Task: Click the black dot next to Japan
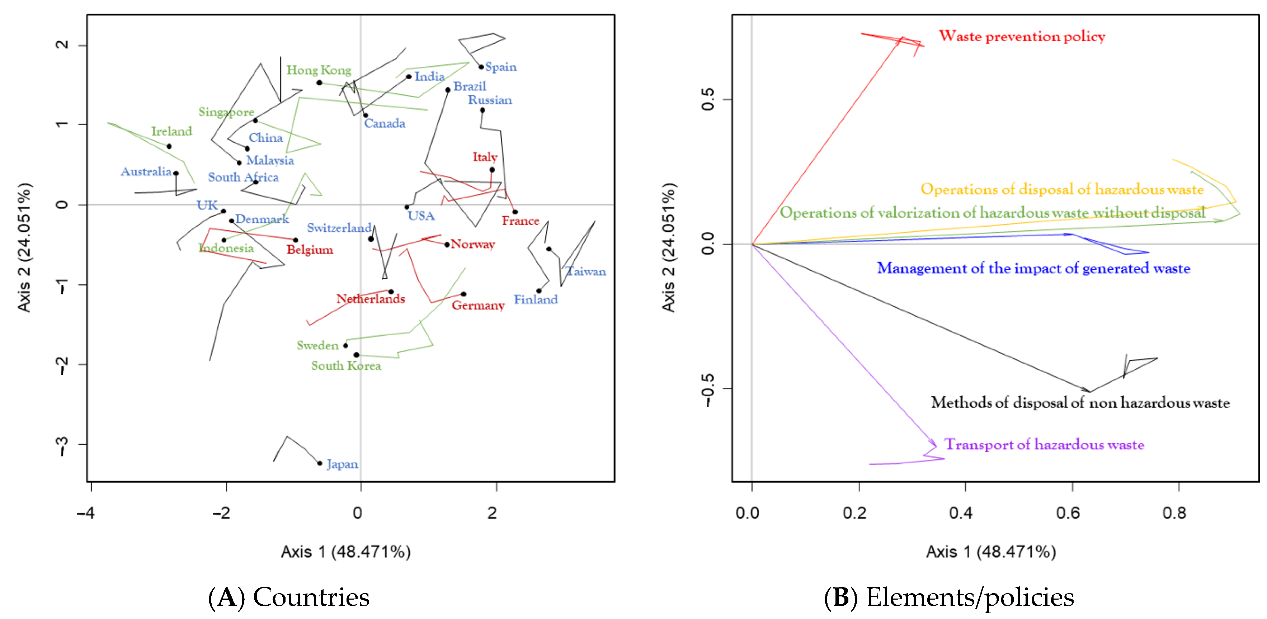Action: coord(320,463)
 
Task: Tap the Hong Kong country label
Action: coord(319,70)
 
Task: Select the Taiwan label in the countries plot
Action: coord(586,271)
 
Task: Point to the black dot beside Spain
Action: coord(481,67)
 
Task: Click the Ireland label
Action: coord(171,131)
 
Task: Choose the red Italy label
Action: coord(485,157)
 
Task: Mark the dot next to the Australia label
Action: coord(176,173)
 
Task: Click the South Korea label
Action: coord(346,366)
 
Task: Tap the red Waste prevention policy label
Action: coord(1022,36)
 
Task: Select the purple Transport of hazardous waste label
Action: coord(1044,444)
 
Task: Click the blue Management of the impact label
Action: coord(1033,269)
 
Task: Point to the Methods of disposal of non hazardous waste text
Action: coord(1080,403)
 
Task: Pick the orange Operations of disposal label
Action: coord(1062,189)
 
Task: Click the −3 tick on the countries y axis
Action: coord(63,444)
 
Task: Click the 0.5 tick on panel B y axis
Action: coord(708,100)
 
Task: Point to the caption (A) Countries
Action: coord(289,597)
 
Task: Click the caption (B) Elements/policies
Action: coord(949,597)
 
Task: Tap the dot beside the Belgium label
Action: coord(296,240)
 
